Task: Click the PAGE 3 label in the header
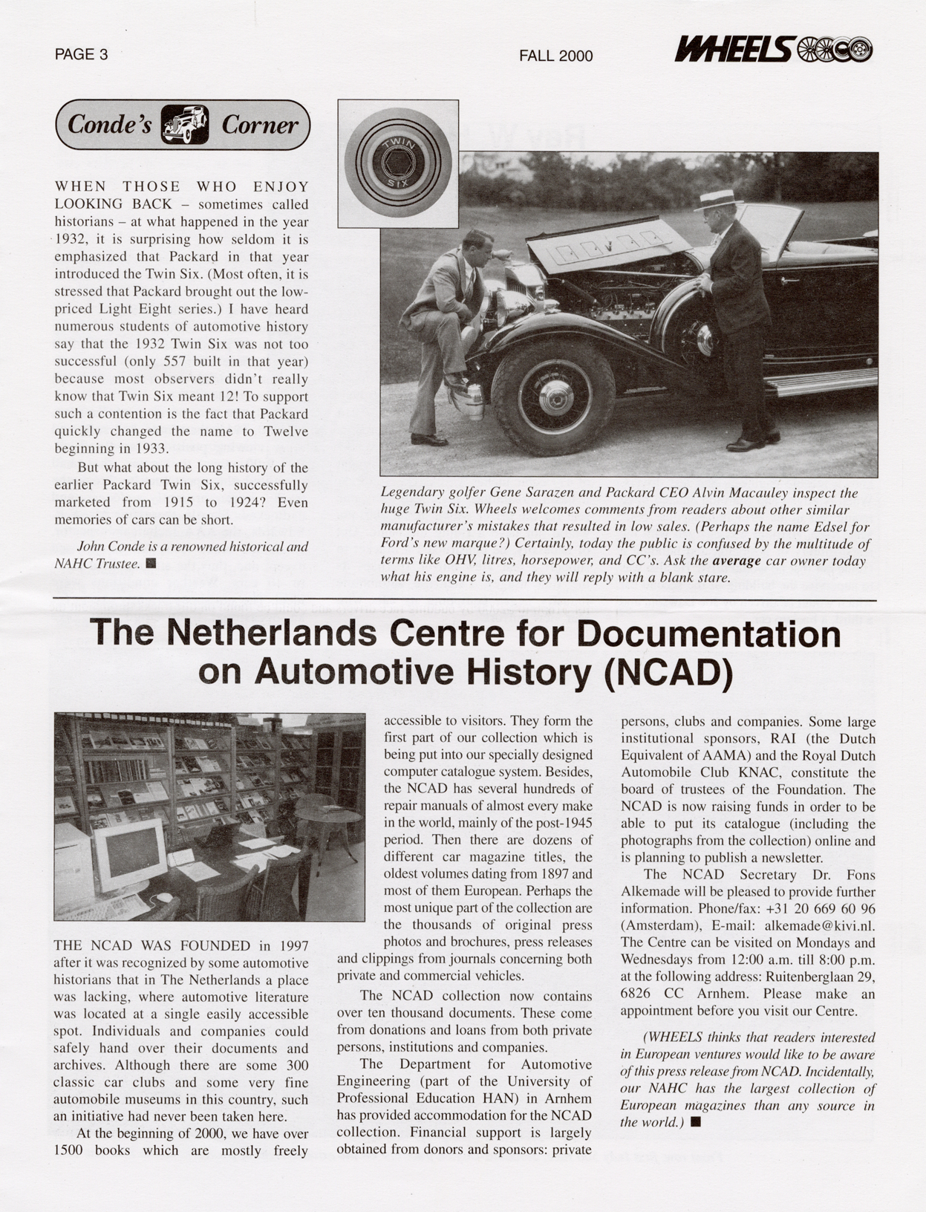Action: click(x=81, y=54)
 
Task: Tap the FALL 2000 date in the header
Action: click(x=555, y=56)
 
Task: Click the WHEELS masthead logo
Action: click(x=773, y=50)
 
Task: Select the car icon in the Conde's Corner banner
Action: click(x=185, y=125)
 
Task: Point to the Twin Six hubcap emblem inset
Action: click(x=398, y=163)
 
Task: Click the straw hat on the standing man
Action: click(x=718, y=200)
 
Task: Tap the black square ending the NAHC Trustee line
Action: click(x=151, y=564)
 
